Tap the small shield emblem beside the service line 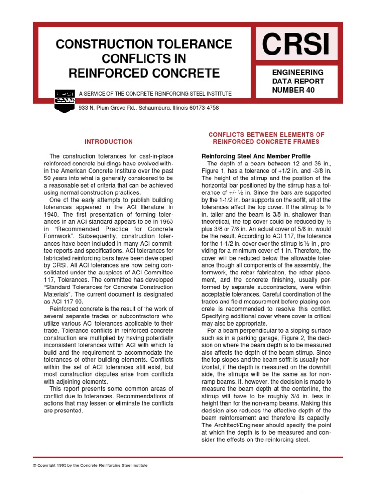point(64,100)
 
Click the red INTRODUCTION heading point(108,142)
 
